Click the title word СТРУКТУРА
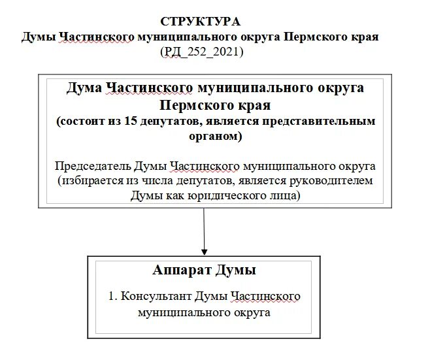coord(200,22)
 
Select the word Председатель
coord(92,165)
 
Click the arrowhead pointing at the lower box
coord(205,250)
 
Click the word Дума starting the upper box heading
coord(83,88)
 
